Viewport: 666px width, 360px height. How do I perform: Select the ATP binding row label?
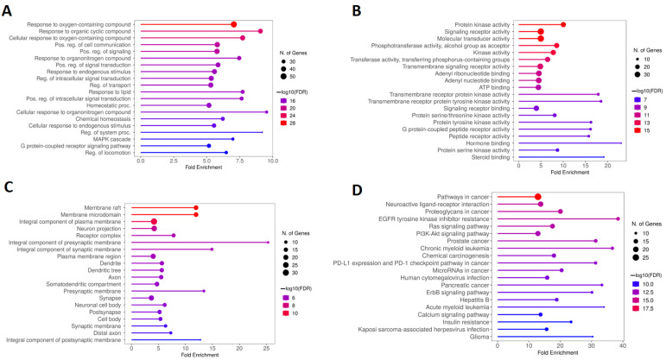point(492,86)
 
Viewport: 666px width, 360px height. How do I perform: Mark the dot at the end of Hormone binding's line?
point(621,142)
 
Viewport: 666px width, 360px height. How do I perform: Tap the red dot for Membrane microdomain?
point(196,214)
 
